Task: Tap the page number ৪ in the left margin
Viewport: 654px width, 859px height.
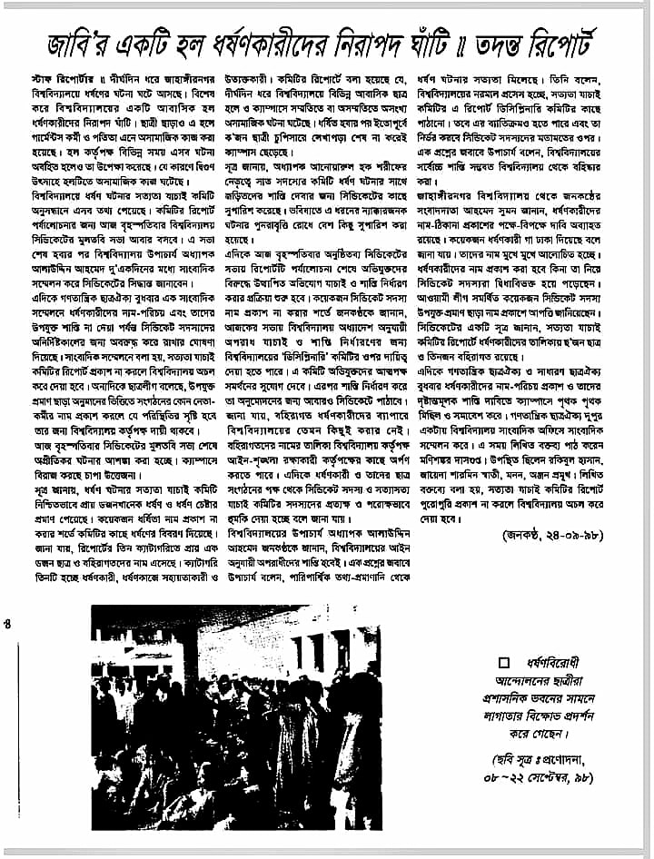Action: [7, 623]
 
